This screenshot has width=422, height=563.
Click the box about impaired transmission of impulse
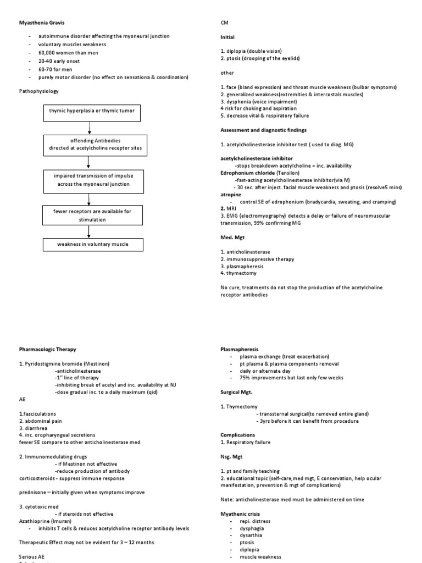88,179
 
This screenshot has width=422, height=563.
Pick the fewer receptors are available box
88,215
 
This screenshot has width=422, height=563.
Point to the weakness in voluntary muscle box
88,245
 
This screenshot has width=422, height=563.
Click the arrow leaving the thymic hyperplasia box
88,128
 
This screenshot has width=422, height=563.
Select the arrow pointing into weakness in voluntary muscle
88,231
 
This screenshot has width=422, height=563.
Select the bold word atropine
230,195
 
